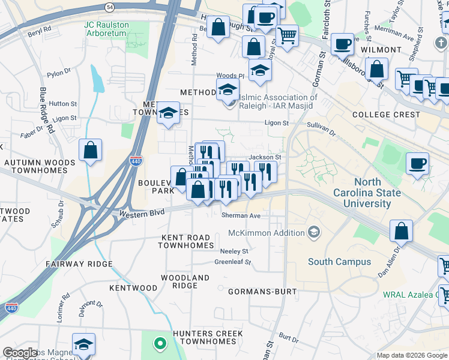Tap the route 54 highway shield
point(109,7)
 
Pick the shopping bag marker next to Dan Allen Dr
point(401,231)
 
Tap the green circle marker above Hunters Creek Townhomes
point(160,344)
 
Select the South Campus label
point(339,262)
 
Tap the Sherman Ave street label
point(241,215)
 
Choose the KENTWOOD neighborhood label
point(133,288)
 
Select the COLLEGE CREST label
point(386,115)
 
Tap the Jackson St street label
point(265,157)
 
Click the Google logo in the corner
point(20,353)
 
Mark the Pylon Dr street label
point(59,73)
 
